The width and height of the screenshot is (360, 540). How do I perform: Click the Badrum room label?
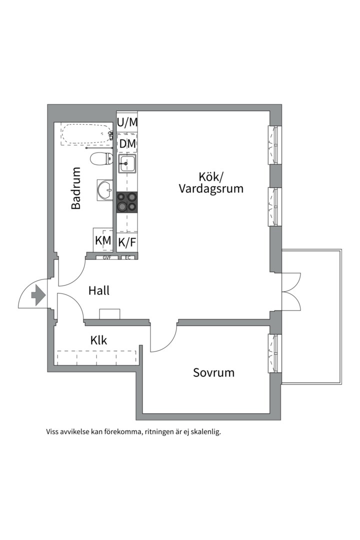76,188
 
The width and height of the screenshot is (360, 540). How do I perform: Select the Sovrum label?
213,372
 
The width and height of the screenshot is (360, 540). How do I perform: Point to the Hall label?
99,290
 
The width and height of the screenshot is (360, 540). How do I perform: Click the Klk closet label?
98,340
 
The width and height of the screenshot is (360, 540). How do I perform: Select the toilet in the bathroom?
101,159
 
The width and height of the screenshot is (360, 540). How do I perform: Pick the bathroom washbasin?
105,190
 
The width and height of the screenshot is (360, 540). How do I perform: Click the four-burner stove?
126,202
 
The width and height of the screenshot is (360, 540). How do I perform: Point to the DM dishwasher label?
127,144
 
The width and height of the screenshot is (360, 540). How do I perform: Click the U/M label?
127,121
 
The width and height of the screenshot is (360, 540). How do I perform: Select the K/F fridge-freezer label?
127,243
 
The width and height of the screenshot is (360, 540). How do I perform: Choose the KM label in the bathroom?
103,240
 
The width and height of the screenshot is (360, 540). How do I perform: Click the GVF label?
106,258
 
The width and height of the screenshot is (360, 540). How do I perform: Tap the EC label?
127,258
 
